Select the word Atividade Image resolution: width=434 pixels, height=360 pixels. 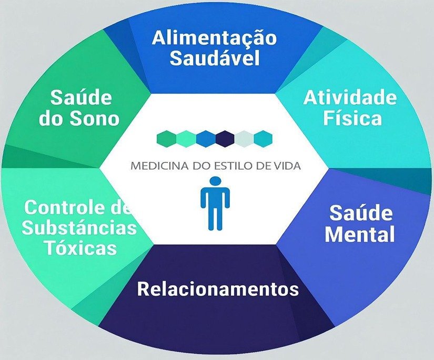click(x=350, y=98)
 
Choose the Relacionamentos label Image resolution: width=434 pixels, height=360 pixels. click(x=218, y=289)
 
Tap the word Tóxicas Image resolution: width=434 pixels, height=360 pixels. click(x=80, y=247)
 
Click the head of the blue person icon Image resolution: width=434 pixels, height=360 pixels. click(x=215, y=182)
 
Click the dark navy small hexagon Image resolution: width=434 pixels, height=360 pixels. click(x=225, y=138)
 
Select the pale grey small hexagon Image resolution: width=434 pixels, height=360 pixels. click(x=244, y=138)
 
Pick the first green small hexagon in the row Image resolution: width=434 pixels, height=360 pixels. click(x=167, y=138)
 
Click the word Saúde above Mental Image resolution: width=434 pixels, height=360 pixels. click(x=361, y=213)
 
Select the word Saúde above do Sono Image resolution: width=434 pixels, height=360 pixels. click(x=81, y=98)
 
